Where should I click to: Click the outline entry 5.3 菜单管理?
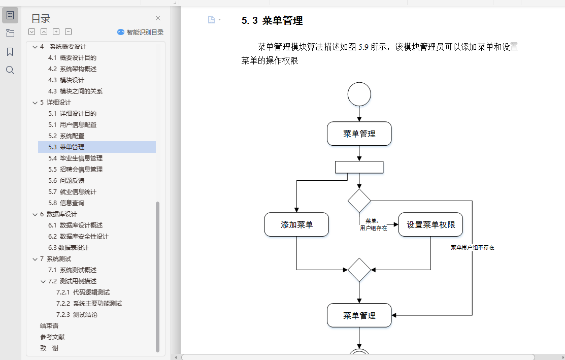pos(72,147)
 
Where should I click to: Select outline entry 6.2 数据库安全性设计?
pos(84,237)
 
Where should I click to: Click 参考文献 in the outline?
pos(52,337)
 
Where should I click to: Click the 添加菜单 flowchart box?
pos(296,224)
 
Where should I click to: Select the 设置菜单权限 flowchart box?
pos(430,224)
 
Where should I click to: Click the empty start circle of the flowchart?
pos(359,94)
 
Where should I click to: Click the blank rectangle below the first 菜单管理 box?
pos(359,167)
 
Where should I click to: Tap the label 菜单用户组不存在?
pos(473,248)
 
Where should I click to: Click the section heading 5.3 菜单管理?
pos(272,21)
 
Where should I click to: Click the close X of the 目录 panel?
pos(158,18)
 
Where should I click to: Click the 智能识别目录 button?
pos(141,32)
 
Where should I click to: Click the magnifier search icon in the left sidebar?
pos(10,70)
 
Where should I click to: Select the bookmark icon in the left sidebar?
pos(10,52)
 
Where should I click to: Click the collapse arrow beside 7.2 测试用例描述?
pos(43,281)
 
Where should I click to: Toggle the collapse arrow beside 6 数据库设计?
pos(35,214)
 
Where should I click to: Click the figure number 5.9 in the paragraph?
pos(363,47)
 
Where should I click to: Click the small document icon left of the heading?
pos(212,20)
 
